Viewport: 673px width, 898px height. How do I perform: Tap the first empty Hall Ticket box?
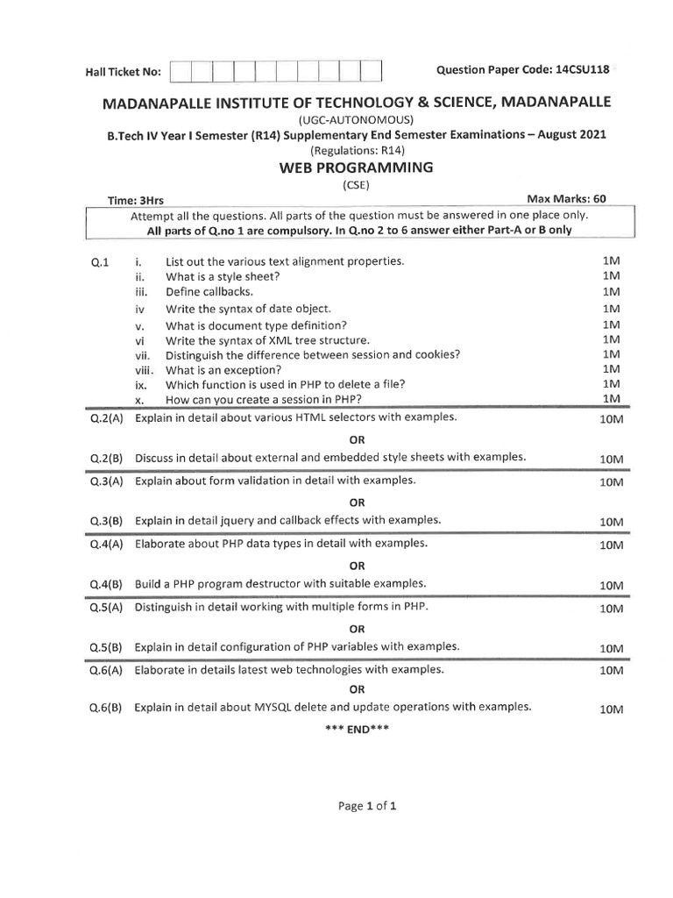[x=181, y=71]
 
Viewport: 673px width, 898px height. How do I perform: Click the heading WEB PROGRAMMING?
[x=355, y=167]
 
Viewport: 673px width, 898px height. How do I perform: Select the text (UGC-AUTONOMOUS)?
[x=355, y=119]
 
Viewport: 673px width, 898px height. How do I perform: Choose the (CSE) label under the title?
[x=355, y=184]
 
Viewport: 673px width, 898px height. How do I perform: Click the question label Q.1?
[x=99, y=262]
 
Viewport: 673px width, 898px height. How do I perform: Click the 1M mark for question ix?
[x=611, y=384]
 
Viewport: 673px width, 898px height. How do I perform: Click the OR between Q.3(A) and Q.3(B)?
[x=357, y=502]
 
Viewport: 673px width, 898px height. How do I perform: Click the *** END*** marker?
[x=357, y=729]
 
